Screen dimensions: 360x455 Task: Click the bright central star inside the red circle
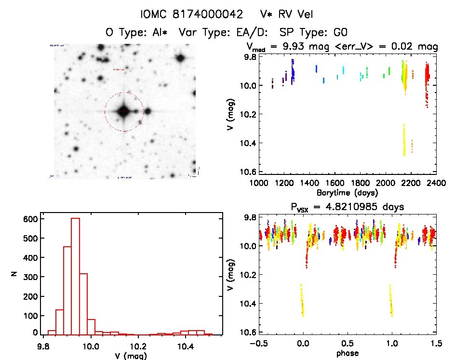pos(124,111)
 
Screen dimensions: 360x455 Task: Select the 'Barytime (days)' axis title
pos(347,192)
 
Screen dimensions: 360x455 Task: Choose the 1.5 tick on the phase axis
pos(436,343)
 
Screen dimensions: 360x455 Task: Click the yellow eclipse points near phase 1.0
pos(391,301)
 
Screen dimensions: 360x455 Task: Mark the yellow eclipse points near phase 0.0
pos(302,301)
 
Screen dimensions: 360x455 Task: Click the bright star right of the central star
pos(147,111)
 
